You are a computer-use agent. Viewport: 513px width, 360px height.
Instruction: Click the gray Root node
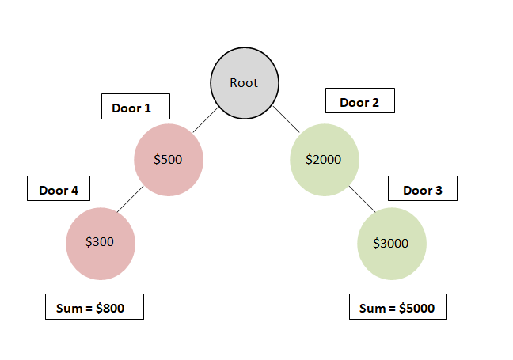pos(244,82)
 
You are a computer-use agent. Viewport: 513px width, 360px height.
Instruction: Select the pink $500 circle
pos(169,159)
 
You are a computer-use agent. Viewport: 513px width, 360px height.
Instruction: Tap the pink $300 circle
pos(101,243)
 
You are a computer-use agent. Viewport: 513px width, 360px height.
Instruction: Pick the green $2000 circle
pos(325,159)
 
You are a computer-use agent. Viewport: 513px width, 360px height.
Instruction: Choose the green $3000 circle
pos(392,243)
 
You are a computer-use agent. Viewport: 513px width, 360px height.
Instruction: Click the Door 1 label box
pos(131,108)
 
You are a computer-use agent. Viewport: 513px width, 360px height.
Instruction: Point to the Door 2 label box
pos(359,102)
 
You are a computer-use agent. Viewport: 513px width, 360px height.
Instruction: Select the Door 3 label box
pos(423,190)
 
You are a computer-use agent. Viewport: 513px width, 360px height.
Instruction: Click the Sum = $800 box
pos(94,307)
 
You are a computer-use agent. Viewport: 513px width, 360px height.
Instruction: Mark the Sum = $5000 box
pos(397,307)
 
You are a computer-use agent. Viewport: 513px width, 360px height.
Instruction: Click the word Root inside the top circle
pos(244,82)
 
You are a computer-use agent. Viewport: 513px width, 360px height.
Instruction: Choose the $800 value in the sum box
pos(109,308)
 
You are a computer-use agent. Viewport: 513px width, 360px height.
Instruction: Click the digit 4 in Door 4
pos(78,191)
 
